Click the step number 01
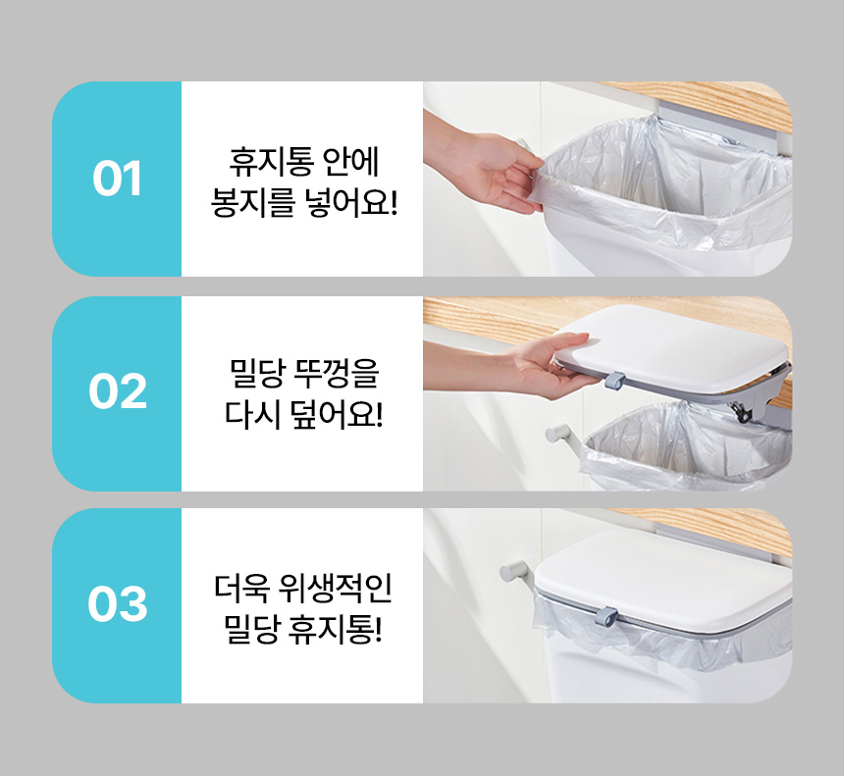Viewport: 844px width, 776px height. click(x=117, y=179)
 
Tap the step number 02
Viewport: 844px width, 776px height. click(x=118, y=390)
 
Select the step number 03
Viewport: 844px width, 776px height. click(x=118, y=603)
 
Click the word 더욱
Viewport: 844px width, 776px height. click(x=241, y=589)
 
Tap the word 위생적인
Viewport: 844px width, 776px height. click(x=336, y=589)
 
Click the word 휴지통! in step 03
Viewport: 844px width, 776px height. click(x=335, y=630)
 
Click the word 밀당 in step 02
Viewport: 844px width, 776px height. click(x=257, y=373)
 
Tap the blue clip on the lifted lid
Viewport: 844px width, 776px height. click(x=614, y=380)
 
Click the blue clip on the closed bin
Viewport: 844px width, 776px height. click(x=607, y=617)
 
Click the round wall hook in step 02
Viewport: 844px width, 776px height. click(x=559, y=434)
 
